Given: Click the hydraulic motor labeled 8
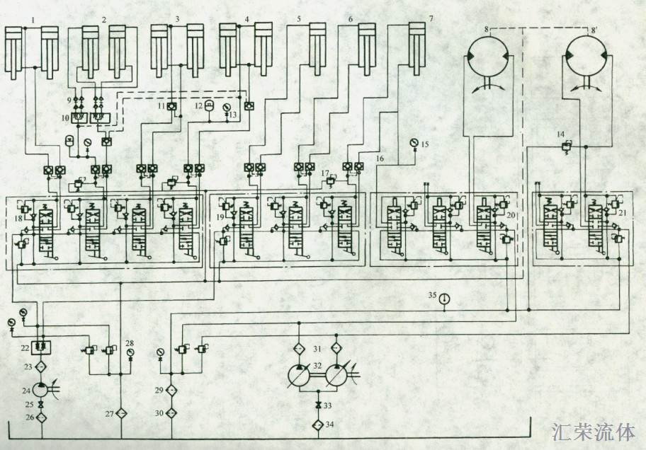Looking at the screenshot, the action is tap(489, 57).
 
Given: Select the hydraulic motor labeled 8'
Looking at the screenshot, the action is tap(585, 57).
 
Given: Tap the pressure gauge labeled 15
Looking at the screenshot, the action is tap(414, 144).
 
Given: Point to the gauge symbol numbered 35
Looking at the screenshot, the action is tap(444, 299).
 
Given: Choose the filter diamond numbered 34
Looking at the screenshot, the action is tap(318, 425).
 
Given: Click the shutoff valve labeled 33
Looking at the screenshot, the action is tap(318, 405).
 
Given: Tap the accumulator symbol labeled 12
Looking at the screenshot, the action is tap(209, 105).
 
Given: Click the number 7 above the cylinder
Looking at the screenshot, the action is tap(431, 18).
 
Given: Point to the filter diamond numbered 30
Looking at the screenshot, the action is tap(171, 413).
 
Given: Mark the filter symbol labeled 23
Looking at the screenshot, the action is tap(41, 367).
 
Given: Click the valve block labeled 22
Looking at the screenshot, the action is tap(41, 348).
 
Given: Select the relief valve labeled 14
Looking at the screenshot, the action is tap(567, 146).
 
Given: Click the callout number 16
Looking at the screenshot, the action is tap(380, 158).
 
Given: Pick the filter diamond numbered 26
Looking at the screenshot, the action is tap(41, 417).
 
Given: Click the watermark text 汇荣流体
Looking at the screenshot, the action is tap(594, 432).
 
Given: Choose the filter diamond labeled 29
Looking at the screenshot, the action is tap(171, 390).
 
